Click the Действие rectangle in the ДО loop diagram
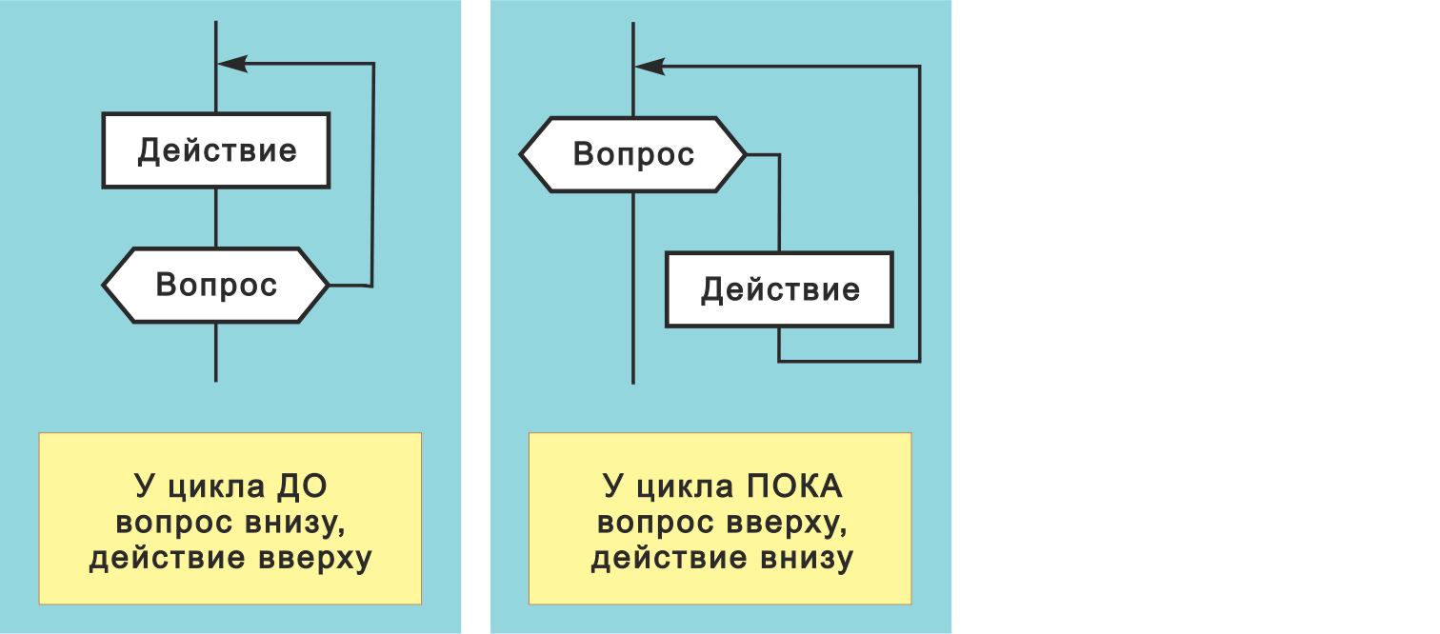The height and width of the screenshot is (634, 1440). point(216,150)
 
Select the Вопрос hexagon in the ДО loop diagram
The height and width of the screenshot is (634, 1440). point(216,285)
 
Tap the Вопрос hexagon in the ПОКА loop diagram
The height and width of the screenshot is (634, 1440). point(633,154)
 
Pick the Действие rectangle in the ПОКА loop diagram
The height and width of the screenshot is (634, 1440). point(779,289)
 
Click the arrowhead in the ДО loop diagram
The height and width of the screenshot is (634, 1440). point(233,64)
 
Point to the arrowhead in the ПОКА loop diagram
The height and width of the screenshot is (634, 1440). point(650,67)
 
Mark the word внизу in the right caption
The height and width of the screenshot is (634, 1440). point(806,559)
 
